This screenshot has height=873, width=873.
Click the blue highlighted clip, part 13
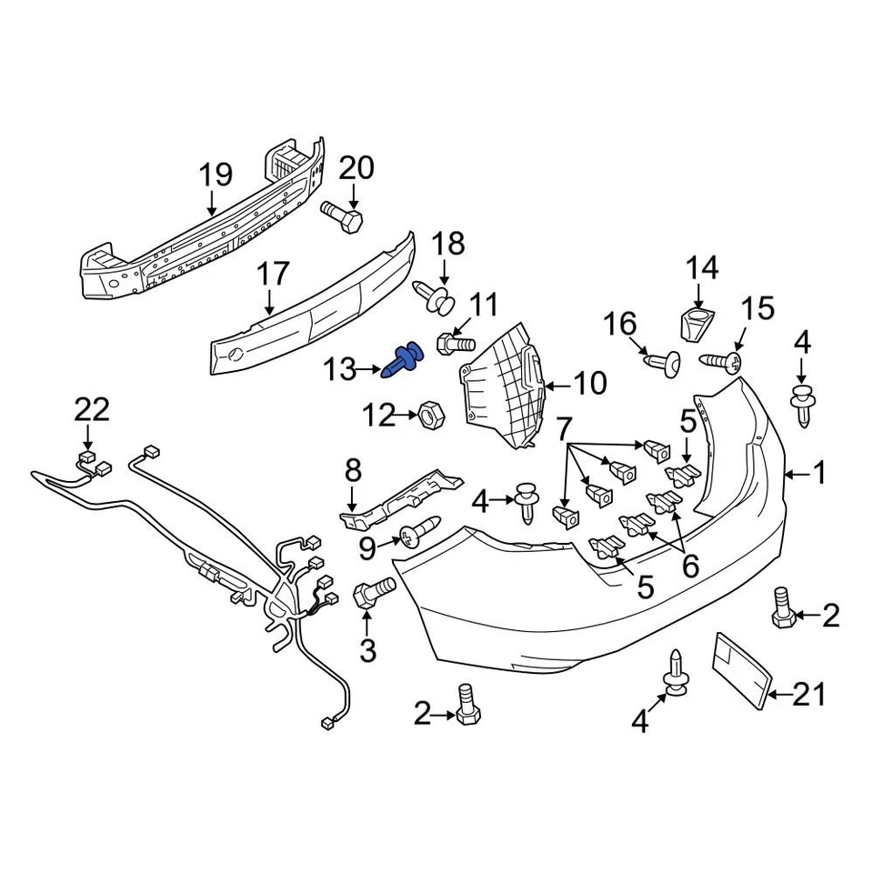click(x=406, y=358)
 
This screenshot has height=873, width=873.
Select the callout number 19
click(x=216, y=174)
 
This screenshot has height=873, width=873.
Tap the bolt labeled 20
click(x=342, y=216)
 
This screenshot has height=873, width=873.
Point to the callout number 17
click(x=272, y=273)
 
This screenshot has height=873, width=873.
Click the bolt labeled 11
click(x=456, y=345)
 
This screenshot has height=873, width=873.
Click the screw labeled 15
click(x=721, y=362)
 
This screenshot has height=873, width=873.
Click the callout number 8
click(x=353, y=470)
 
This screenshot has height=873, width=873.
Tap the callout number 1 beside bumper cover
click(x=818, y=473)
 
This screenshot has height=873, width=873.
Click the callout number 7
click(x=564, y=426)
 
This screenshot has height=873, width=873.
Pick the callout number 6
click(x=690, y=567)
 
